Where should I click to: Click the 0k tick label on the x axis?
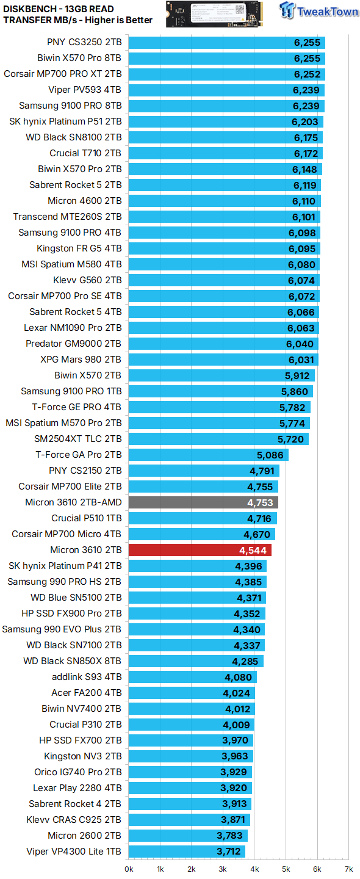(129, 869)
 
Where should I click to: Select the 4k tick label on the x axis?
(254, 869)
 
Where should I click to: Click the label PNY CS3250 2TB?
(84, 42)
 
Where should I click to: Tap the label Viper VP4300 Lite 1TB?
(74, 852)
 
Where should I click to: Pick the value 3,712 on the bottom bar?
(229, 852)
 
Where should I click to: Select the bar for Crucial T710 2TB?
(226, 153)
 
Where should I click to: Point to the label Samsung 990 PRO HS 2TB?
(65, 582)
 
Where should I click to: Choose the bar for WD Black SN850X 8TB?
(196, 661)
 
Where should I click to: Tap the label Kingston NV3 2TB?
(83, 756)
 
